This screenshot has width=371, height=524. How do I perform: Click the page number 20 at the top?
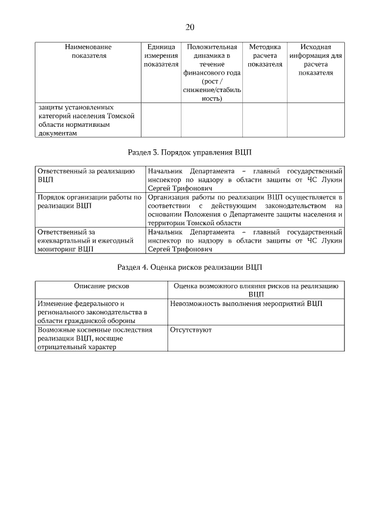[x=190, y=27]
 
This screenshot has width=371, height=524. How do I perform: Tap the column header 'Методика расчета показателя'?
[x=265, y=56]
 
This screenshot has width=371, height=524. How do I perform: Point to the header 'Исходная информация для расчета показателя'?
[x=316, y=60]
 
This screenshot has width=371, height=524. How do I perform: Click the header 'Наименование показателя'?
[x=89, y=51]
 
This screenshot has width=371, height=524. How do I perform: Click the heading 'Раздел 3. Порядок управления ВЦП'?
[x=190, y=152]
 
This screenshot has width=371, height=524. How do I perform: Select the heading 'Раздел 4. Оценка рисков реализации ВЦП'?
[x=190, y=267]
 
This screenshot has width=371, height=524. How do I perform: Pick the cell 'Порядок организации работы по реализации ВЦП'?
[x=89, y=201]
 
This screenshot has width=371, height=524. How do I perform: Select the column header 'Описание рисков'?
[x=101, y=286]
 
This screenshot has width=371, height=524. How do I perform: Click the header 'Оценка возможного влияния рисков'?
[x=256, y=290]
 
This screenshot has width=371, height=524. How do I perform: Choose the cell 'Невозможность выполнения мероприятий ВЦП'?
[x=246, y=303]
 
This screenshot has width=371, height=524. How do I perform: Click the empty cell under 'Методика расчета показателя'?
[x=265, y=120]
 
